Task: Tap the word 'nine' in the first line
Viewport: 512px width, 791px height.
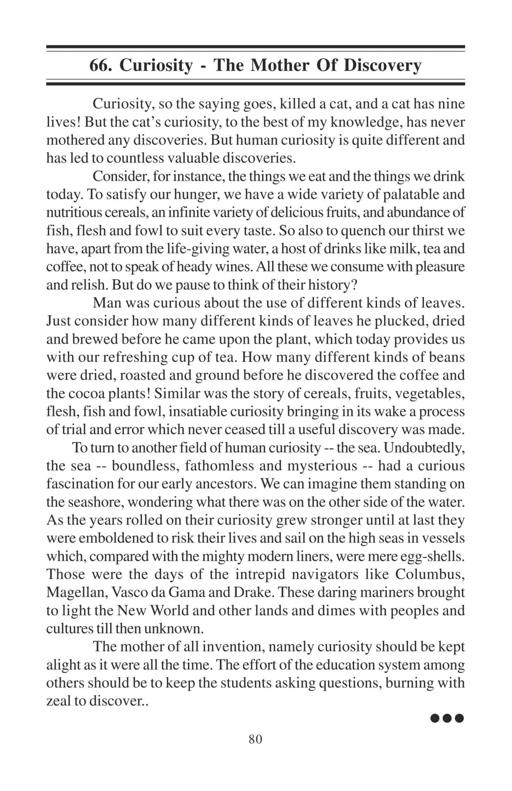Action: pyautogui.click(x=451, y=103)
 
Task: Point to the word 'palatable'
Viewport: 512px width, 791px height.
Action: pyautogui.click(x=392, y=194)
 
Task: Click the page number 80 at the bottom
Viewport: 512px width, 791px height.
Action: pyautogui.click(x=256, y=739)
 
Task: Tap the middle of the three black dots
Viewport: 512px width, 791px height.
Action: pyautogui.click(x=447, y=718)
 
